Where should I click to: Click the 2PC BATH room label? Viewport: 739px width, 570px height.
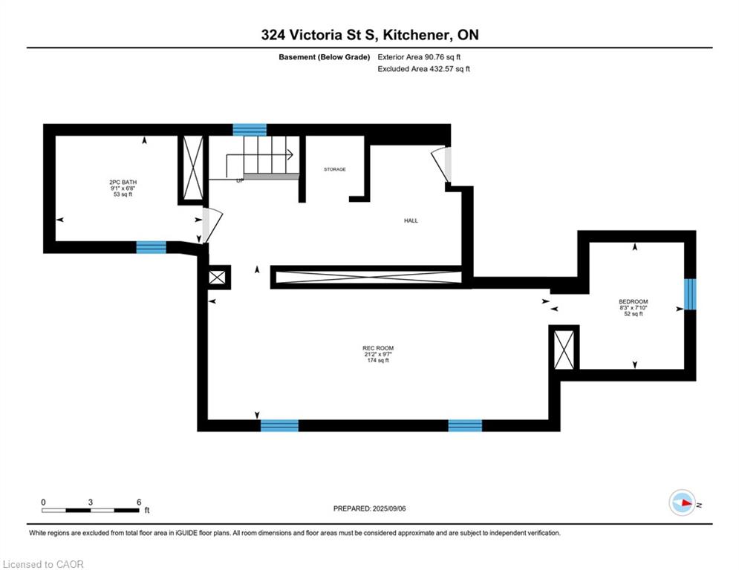click(x=123, y=183)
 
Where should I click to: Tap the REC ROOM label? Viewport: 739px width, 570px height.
click(x=378, y=348)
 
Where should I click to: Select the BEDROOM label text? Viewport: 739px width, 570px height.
click(x=634, y=301)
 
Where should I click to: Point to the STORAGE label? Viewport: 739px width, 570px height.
click(x=335, y=169)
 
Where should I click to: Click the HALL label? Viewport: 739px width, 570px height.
click(x=411, y=220)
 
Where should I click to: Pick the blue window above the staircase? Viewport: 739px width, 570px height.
click(x=250, y=130)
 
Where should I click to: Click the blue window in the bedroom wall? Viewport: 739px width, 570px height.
click(x=690, y=295)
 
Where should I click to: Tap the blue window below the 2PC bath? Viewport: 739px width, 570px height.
click(x=152, y=247)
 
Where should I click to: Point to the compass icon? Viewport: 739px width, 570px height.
click(x=683, y=502)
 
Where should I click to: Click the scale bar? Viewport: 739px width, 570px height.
click(x=91, y=510)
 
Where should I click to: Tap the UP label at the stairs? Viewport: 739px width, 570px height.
click(x=240, y=180)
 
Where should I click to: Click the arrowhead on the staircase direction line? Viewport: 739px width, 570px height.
click(x=290, y=154)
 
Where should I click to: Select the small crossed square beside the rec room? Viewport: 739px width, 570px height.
click(x=218, y=277)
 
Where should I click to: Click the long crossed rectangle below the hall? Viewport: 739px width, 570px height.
click(x=368, y=277)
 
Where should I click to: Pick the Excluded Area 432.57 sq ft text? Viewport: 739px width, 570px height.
click(x=423, y=69)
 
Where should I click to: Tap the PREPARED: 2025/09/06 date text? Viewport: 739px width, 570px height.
click(x=370, y=508)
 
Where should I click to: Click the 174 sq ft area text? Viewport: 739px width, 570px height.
click(x=378, y=361)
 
